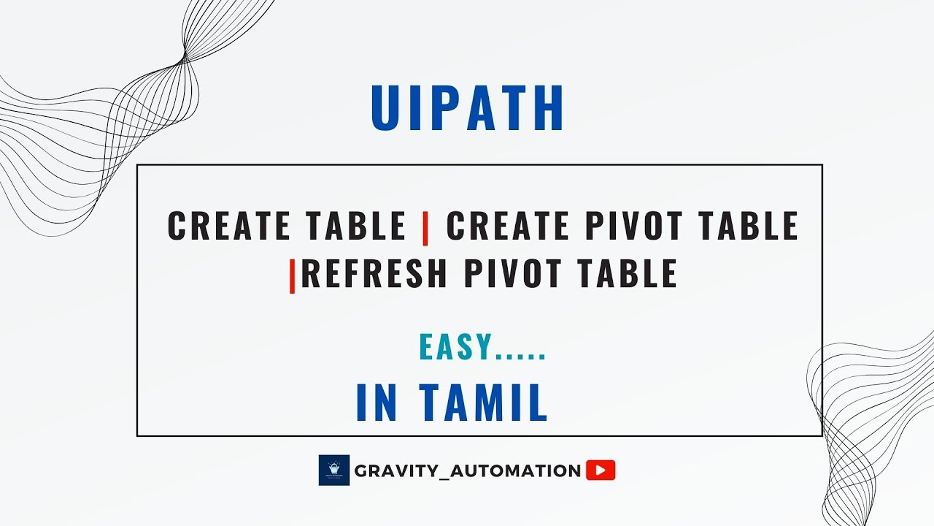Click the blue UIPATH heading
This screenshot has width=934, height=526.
[x=468, y=109]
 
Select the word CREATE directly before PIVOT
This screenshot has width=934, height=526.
[x=495, y=226]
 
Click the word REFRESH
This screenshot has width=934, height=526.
[x=374, y=273]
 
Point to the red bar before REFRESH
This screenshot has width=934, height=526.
[x=293, y=275]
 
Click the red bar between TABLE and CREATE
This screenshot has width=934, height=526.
[x=425, y=226]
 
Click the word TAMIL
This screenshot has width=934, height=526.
[x=482, y=403]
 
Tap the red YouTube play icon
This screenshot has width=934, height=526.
[x=601, y=470]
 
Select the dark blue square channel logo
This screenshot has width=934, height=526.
[x=334, y=470]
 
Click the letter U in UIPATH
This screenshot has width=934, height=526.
[x=387, y=109]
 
